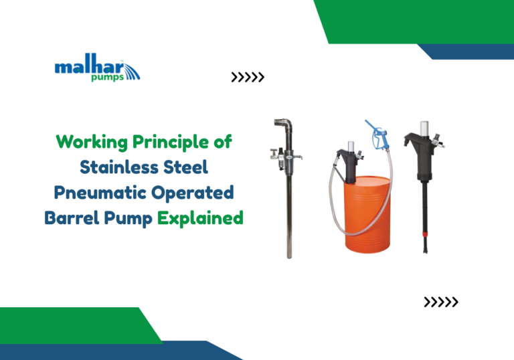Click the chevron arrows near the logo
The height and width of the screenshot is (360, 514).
tap(248, 78)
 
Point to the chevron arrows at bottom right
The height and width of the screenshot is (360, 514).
tap(441, 302)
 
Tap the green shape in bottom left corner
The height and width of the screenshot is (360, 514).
tap(74, 325)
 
